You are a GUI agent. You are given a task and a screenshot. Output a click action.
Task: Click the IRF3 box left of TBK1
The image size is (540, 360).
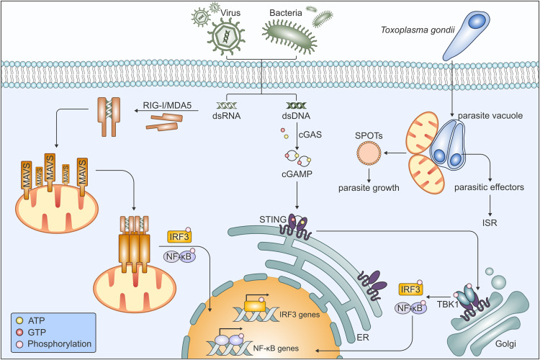[x=409, y=289]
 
